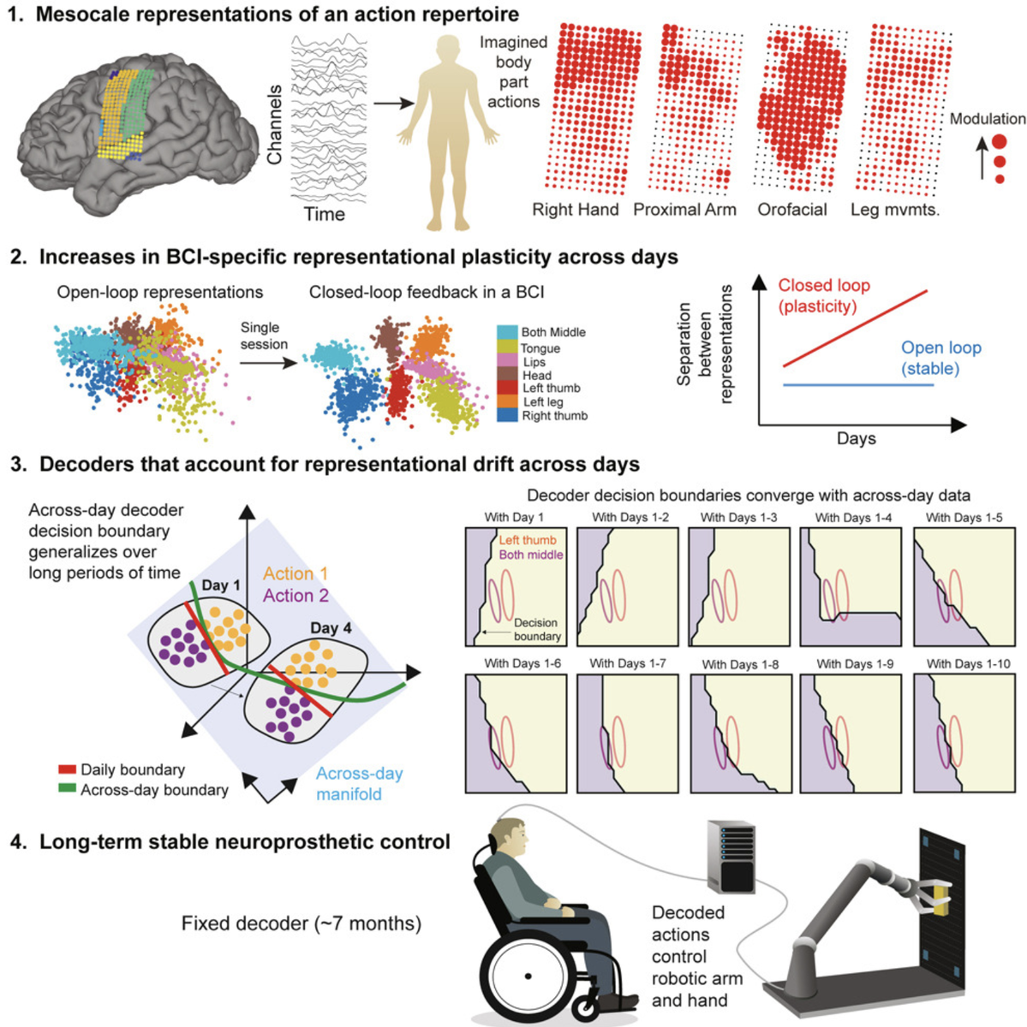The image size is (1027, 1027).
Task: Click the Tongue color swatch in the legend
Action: [507, 347]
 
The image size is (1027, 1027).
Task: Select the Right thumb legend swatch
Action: [507, 415]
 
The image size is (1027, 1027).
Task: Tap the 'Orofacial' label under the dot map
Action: [792, 210]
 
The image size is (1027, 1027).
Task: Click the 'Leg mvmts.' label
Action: [895, 210]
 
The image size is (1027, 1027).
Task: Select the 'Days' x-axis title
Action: [856, 438]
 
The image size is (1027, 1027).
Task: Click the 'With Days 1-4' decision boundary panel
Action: [851, 586]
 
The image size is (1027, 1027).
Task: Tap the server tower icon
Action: [731, 857]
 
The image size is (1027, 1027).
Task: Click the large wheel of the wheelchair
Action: [528, 975]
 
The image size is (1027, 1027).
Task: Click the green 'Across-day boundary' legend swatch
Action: [67, 789]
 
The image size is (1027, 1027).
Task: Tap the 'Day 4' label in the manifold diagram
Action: [331, 628]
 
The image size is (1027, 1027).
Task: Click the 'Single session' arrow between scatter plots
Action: [267, 363]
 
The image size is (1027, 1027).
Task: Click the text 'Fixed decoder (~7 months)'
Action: [302, 923]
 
